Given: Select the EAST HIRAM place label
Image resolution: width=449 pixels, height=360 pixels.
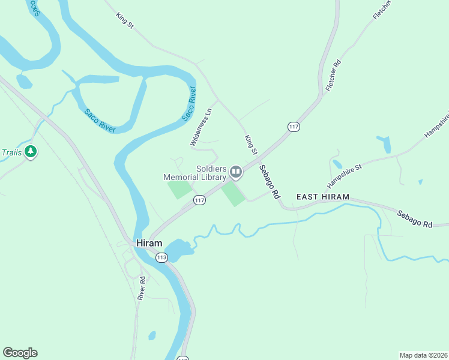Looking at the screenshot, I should click(x=322, y=197).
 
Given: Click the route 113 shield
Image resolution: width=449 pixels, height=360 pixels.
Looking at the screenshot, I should click(x=161, y=257).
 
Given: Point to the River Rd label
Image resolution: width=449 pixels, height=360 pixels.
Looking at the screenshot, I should click(x=142, y=288).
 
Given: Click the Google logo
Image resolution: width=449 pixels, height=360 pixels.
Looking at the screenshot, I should click(x=20, y=353).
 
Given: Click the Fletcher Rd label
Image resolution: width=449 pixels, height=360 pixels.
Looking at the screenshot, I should click(x=333, y=76).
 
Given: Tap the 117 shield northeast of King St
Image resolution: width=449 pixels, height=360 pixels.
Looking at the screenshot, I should click(x=294, y=127).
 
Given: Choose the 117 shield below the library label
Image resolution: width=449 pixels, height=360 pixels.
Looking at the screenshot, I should click(x=200, y=200).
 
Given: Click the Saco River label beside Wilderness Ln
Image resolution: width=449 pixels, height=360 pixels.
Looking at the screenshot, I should click(x=189, y=103).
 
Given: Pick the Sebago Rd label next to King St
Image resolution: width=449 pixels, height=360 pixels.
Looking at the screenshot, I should click(x=270, y=182).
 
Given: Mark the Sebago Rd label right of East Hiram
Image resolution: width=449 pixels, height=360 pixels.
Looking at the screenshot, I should click(x=414, y=218).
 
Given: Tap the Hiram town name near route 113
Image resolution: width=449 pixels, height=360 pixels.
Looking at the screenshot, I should click(x=149, y=243).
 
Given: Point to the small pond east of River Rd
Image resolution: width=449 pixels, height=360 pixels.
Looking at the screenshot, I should click(x=152, y=335).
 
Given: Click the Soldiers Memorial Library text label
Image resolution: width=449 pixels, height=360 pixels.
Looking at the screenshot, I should click(x=196, y=173).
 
